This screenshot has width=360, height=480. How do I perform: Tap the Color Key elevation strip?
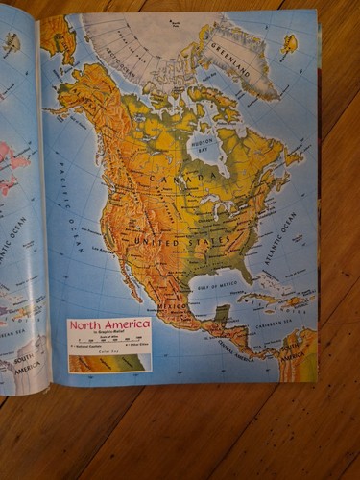pos(108,362)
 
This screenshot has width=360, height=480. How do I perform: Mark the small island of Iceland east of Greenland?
pos(289,43)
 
